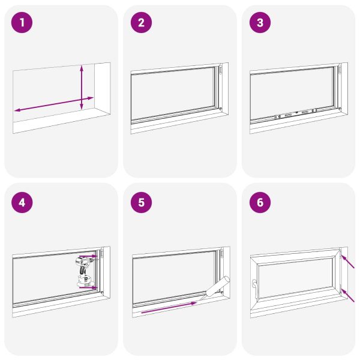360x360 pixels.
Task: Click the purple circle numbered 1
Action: point(22,23)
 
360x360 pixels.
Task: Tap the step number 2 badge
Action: point(141,23)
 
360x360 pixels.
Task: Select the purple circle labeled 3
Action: point(260,23)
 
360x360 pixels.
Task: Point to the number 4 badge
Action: point(22,202)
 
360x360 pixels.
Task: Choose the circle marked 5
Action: point(141,202)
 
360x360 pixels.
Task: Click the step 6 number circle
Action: point(260,202)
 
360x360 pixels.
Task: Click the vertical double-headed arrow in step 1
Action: point(82,88)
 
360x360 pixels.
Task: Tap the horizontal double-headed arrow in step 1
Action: point(54,103)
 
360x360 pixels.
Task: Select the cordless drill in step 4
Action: point(83,271)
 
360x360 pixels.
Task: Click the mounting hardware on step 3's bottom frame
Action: point(296,113)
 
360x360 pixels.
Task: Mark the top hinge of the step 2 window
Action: point(220,71)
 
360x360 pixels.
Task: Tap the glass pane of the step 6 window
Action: point(294,278)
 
